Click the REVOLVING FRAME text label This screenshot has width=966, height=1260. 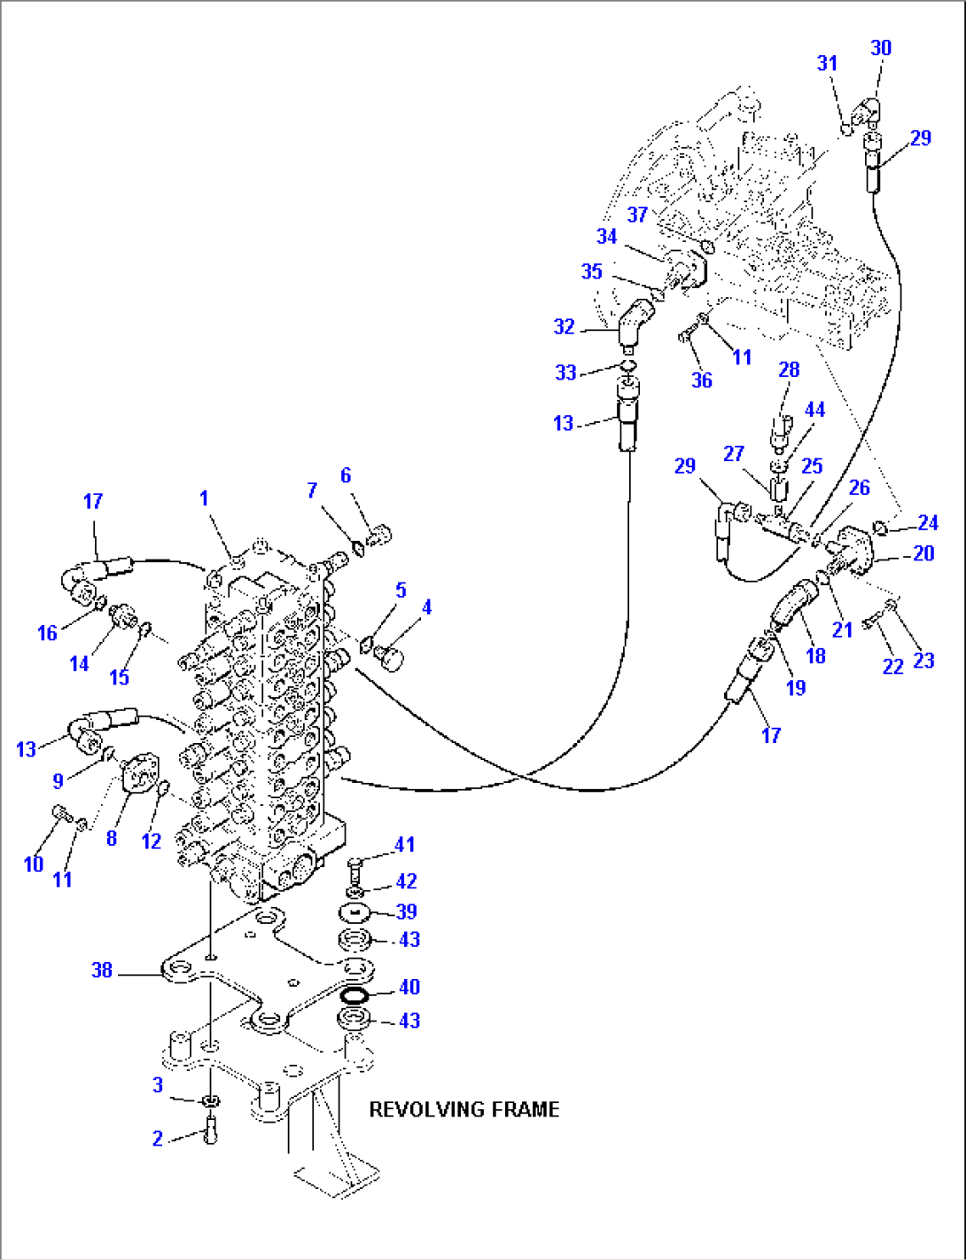click(x=464, y=1109)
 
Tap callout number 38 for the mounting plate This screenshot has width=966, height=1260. click(x=102, y=970)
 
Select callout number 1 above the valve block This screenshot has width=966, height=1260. click(x=204, y=498)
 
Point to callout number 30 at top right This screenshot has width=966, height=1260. click(x=881, y=48)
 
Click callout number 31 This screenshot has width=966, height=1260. click(x=827, y=63)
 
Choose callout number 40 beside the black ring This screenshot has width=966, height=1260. click(x=409, y=987)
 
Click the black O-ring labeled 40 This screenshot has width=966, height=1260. click(x=355, y=996)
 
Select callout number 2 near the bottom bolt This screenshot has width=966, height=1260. click(x=158, y=1139)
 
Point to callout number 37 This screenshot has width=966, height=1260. click(x=637, y=215)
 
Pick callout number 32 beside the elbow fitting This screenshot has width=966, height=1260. click(x=565, y=326)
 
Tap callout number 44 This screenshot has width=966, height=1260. click(x=814, y=410)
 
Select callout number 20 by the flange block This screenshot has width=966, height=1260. click(x=923, y=553)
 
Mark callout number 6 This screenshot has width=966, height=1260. click(x=346, y=475)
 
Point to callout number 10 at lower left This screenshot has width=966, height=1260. click(x=34, y=864)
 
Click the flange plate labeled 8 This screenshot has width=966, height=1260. click(x=137, y=774)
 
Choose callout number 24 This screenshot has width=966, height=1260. click(x=928, y=522)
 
